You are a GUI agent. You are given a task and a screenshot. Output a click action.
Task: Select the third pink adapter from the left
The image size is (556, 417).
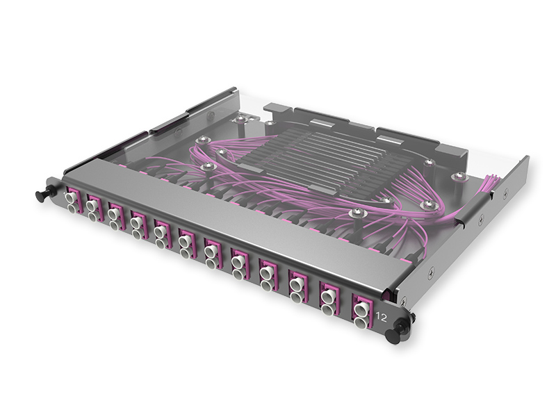115,213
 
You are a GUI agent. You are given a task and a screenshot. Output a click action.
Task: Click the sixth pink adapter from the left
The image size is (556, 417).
185,241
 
